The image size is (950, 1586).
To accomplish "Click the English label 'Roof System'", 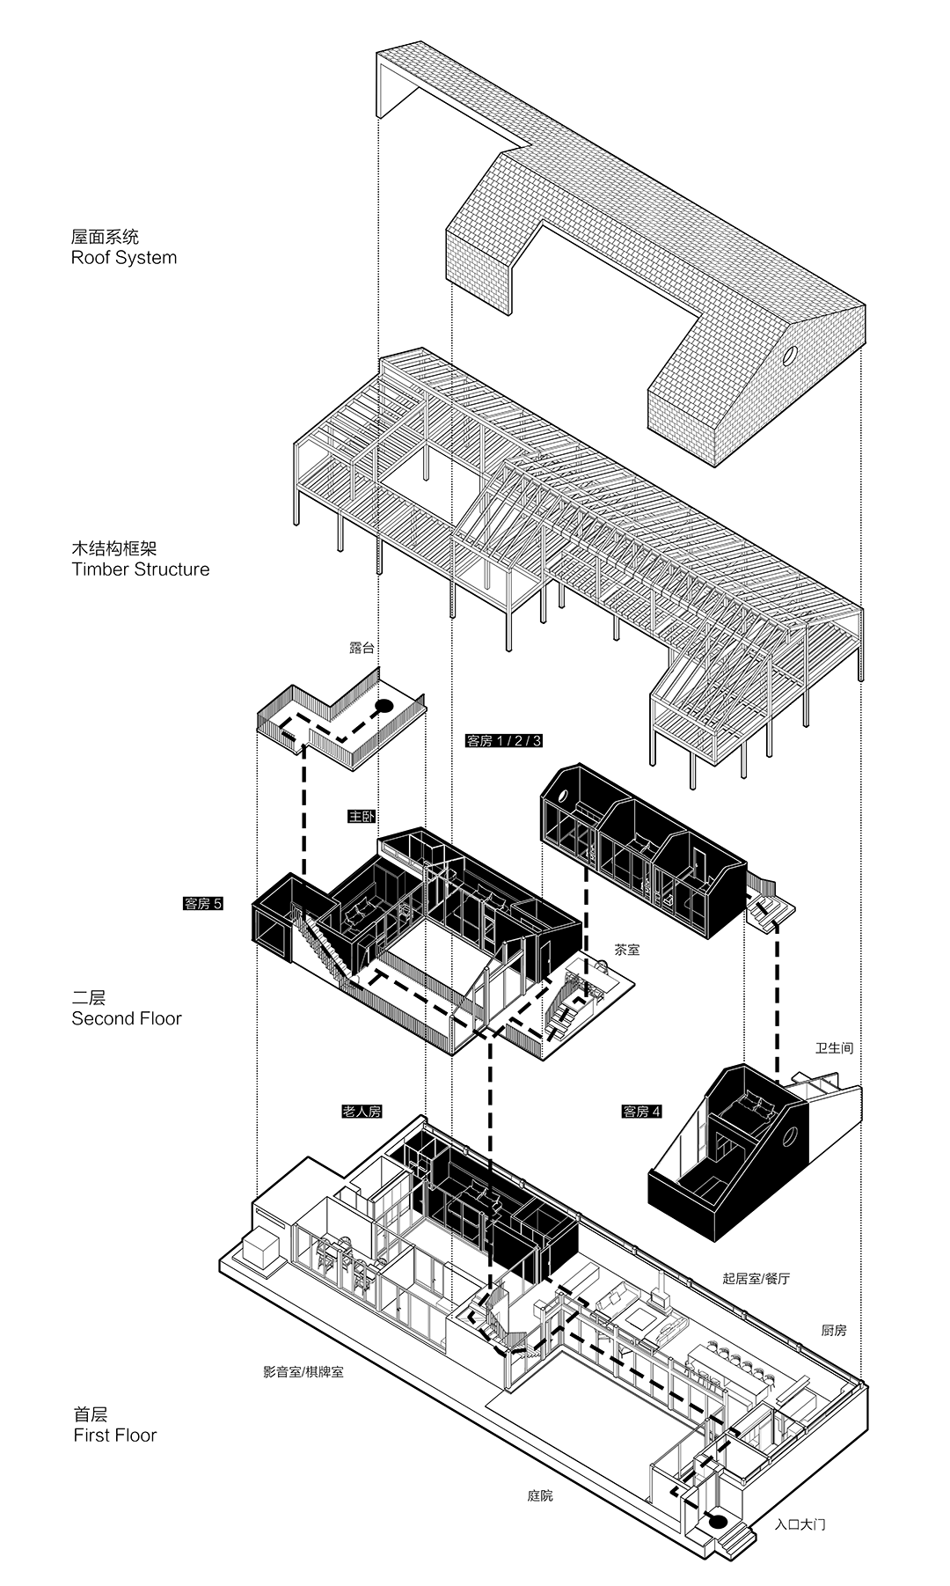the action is pos(124,258).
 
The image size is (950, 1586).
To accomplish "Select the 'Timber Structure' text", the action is pos(141,569).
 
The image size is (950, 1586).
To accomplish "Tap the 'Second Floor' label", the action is pos(127,1018).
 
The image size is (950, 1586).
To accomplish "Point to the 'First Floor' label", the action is pos(114,1435).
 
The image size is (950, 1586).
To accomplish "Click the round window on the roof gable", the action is pos(790,356).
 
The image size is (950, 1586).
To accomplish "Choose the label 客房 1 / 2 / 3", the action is pos(504,740).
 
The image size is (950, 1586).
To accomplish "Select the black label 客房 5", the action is pos(203,903).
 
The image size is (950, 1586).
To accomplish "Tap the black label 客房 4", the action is pos(641,1112).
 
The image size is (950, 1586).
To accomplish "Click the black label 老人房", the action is pos(362,1112).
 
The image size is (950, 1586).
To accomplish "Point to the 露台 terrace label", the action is pos(362,648).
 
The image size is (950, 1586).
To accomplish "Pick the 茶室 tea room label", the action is pos(627,950).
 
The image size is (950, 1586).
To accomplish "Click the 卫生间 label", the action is pos(834,1048).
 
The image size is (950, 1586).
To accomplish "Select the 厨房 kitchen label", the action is pos(834,1330).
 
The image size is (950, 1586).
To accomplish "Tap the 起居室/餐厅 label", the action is pos(756,1278).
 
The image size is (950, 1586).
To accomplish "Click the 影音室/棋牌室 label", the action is pos(303,1372).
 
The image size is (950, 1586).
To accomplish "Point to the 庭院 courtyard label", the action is pos(540,1495).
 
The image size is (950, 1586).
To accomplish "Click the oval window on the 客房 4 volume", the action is pos(790,1137).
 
